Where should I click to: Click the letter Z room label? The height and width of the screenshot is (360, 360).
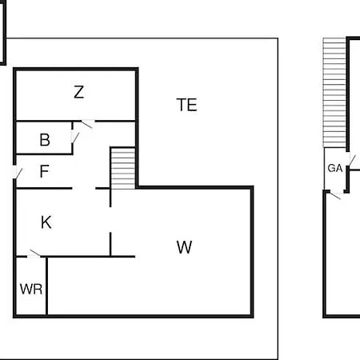(79, 92)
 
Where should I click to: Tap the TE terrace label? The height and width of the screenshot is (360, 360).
(186, 105)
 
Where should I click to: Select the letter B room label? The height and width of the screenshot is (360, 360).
(45, 139)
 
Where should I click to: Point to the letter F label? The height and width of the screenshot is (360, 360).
(45, 171)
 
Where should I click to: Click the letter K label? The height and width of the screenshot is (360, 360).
(46, 222)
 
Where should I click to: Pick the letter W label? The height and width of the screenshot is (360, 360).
(184, 247)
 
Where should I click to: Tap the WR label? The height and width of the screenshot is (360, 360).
(31, 289)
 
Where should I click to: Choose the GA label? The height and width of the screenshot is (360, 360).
(335, 168)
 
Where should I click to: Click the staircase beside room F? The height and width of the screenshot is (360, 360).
(122, 168)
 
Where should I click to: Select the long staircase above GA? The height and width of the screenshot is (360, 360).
(334, 93)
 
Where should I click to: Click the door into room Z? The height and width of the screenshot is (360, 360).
(87, 124)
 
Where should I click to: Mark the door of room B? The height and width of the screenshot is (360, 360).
(75, 138)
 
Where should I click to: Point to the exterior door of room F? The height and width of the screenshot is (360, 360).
(17, 172)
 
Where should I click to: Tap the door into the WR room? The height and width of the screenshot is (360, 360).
(35, 254)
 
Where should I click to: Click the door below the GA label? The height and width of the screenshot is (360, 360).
(335, 195)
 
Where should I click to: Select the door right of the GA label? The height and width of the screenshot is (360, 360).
(351, 161)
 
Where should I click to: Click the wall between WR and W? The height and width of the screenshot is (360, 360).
(46, 286)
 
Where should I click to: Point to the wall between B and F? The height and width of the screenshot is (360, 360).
(44, 154)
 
